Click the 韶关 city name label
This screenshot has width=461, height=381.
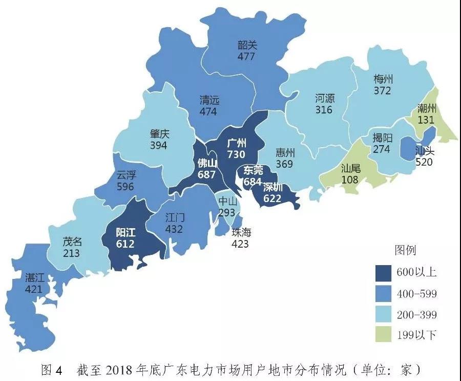click(246, 45)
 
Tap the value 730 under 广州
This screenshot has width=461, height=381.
click(237, 154)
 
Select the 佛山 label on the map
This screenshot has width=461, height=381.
click(208, 164)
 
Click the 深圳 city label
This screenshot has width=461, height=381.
click(273, 187)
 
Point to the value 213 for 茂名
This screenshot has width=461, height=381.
click(72, 253)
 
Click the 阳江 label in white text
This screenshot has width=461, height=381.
click(125, 232)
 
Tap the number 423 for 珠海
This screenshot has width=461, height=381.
click(240, 244)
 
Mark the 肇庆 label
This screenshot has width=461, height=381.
click(160, 134)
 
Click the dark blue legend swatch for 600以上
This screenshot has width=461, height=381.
click(383, 272)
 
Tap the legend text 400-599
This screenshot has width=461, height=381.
click(416, 294)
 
